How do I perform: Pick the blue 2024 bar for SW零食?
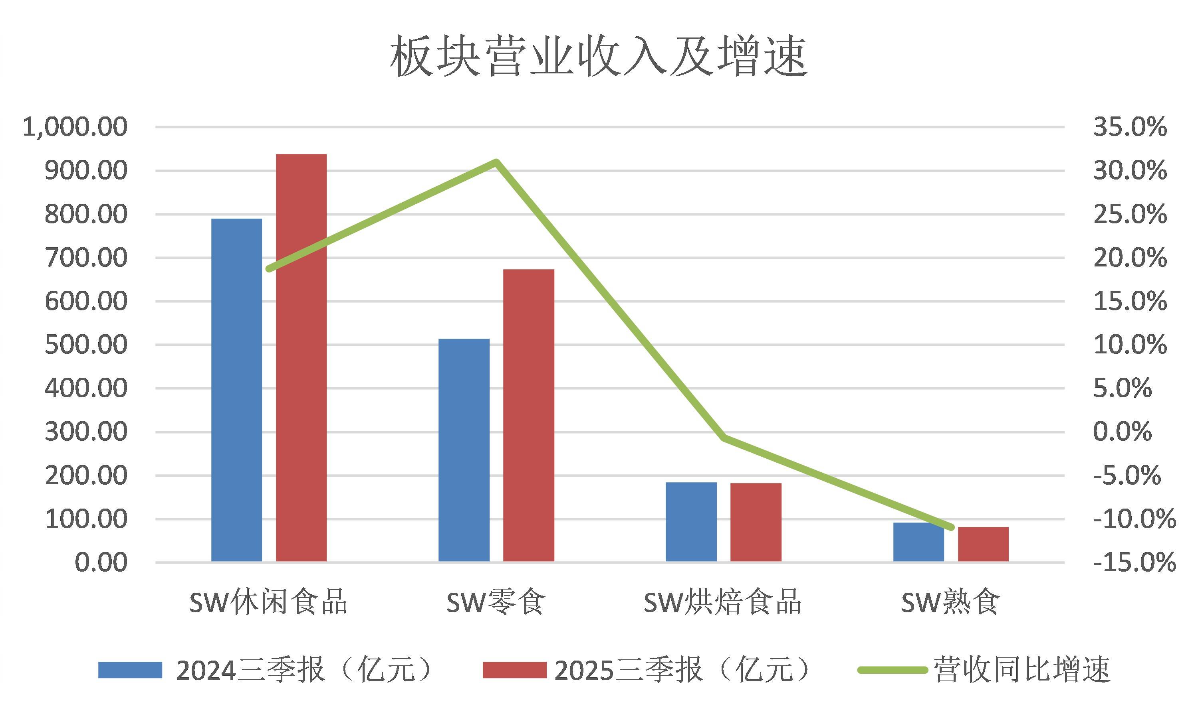tap(464, 450)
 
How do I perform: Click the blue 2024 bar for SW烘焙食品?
tap(691, 522)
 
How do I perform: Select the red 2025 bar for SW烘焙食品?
tap(756, 522)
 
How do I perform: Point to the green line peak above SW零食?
tap(496, 161)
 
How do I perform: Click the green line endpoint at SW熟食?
tap(950, 527)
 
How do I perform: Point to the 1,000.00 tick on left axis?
tap(75, 127)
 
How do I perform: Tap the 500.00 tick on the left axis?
tap(86, 345)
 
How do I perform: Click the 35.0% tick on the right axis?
tap(1130, 127)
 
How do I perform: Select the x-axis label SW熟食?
tap(950, 603)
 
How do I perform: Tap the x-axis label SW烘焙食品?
tap(722, 603)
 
